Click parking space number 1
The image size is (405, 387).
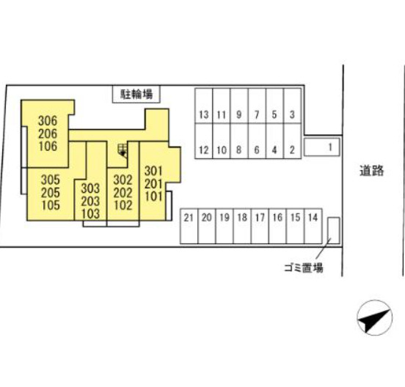322,147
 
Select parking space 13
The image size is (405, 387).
204,106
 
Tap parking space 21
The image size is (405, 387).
189,226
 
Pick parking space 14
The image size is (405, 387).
313,226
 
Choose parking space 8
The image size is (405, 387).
239,141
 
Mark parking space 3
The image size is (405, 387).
292,106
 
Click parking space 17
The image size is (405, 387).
260,226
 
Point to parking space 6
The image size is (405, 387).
257,141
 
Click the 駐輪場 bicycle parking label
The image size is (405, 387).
136,94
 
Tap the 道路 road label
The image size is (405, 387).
372,171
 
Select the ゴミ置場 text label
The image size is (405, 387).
304,268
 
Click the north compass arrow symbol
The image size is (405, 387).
374,317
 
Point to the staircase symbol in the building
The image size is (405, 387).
123,150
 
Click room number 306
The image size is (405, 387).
48,121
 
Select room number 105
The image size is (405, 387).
51,205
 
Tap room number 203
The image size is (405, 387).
90,202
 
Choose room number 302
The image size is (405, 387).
123,180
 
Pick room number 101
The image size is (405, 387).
153,196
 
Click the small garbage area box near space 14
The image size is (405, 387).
334,230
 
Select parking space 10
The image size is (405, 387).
222,141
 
